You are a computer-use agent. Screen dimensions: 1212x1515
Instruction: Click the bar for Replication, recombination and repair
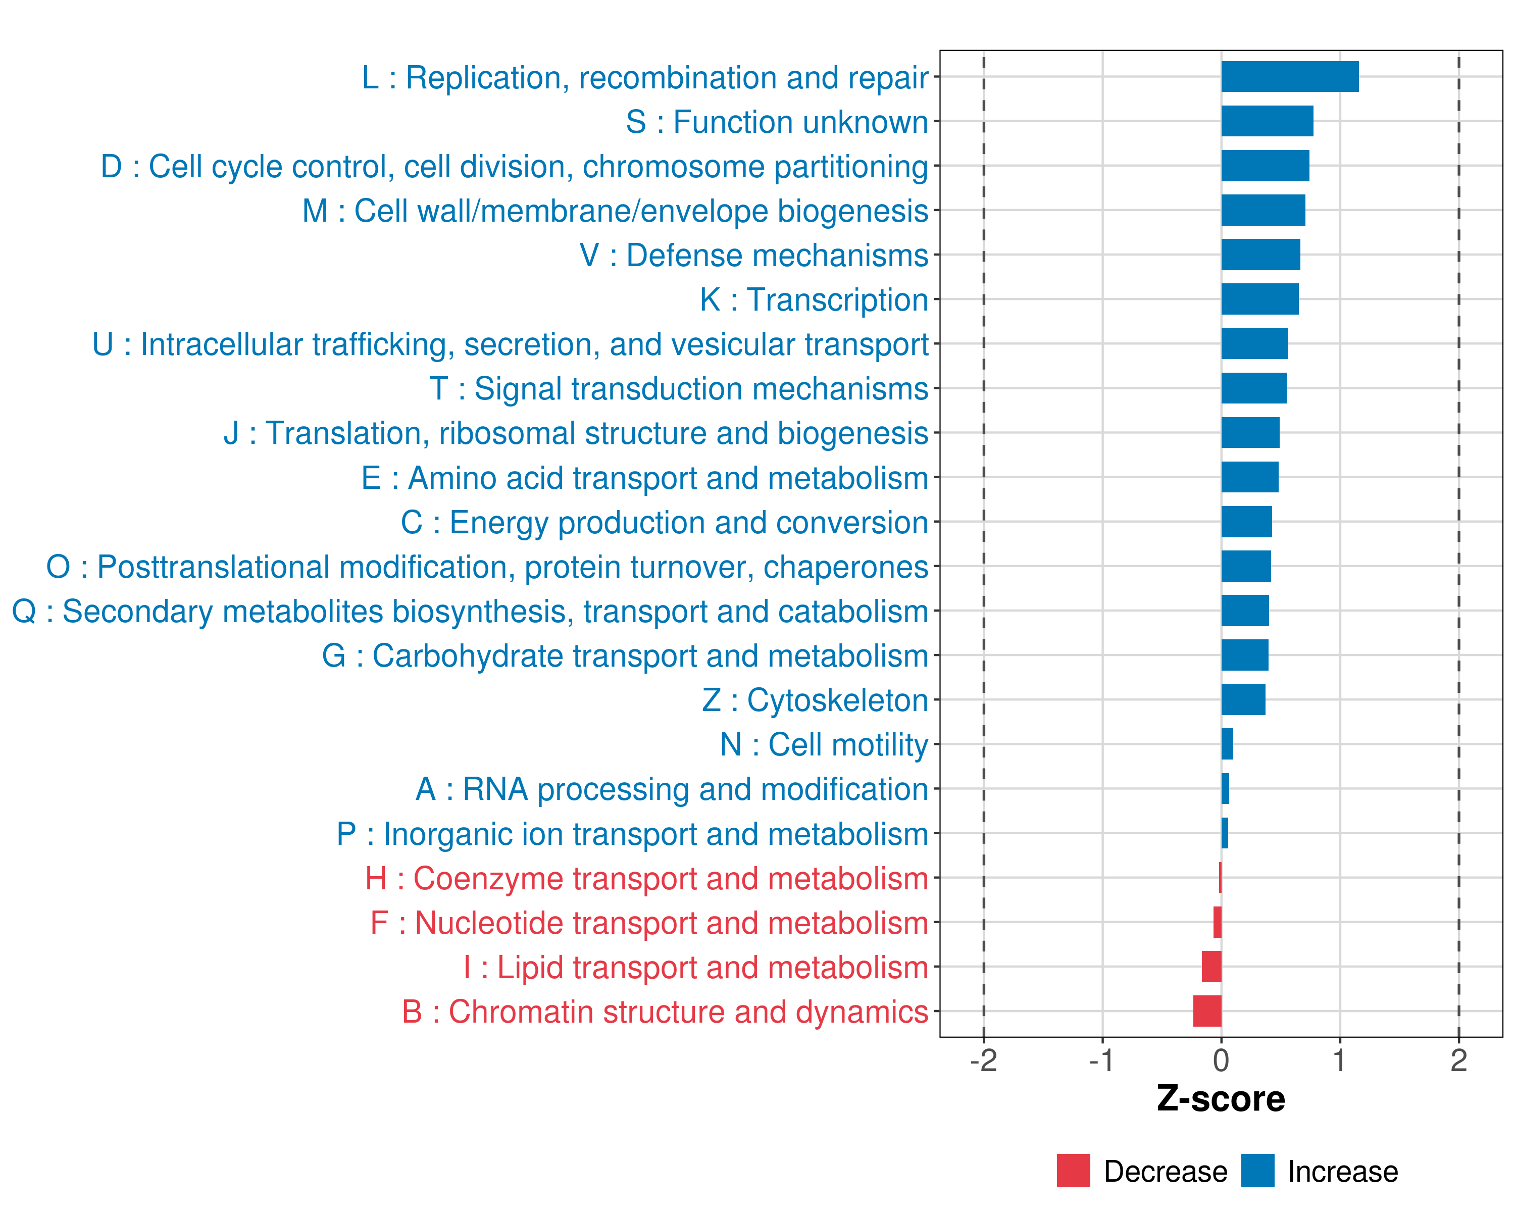1289,77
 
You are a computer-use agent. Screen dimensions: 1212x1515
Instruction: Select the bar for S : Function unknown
1267,121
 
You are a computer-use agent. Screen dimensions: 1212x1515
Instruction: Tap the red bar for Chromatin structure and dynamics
1207,1011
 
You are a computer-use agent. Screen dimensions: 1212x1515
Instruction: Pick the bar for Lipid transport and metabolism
1211,967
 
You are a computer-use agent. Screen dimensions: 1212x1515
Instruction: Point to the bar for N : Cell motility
1227,744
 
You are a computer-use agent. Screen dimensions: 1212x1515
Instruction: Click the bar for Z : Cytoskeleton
1243,700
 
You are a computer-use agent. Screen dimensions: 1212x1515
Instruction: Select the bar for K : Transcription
1260,299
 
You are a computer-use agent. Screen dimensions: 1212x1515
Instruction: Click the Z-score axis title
1221,1099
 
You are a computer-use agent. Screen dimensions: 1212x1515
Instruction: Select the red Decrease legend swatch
1073,1171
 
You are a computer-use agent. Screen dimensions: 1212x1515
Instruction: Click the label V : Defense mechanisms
753,256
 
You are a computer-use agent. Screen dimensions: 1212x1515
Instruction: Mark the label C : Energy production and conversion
664,523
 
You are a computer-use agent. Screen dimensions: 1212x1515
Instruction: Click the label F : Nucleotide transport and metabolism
649,923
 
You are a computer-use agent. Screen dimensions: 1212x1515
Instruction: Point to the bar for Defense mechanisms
1260,255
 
